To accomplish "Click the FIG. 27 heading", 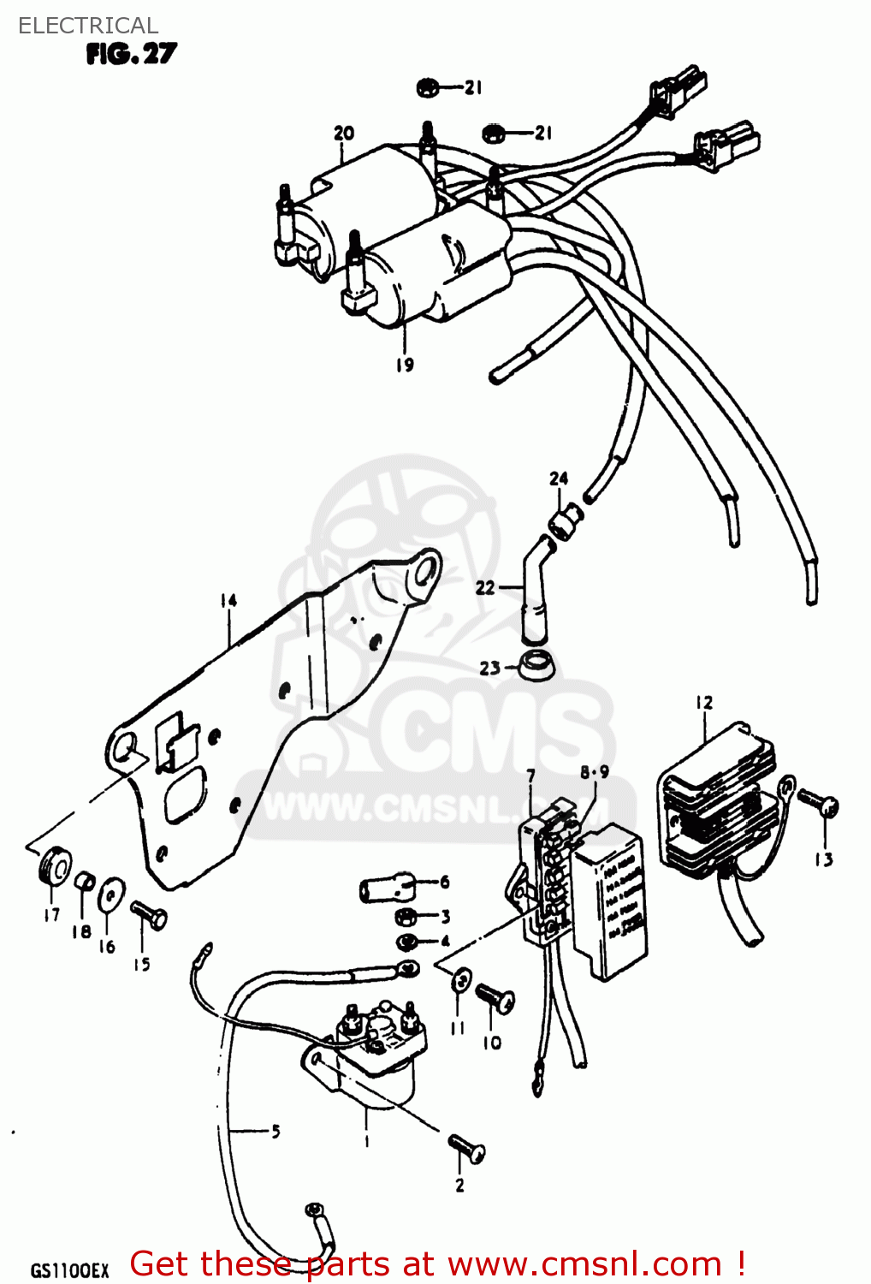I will tap(131, 54).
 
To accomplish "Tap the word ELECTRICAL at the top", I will tap(87, 26).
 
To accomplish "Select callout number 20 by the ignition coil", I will tap(343, 133).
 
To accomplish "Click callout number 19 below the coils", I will tap(405, 364).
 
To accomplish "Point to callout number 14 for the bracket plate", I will tap(228, 601).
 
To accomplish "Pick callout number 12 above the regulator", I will tap(703, 703).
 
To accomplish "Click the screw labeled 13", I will tap(818, 805).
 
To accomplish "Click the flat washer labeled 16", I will tap(110, 896).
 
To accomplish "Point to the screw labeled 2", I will tap(466, 1149).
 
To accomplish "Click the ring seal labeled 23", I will tap(536, 664).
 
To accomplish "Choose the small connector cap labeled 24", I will tap(566, 519).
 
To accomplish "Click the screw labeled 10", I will tap(495, 999).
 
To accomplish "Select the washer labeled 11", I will tap(460, 980).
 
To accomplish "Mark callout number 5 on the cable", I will tap(276, 1132).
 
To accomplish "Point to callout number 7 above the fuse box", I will tap(530, 776).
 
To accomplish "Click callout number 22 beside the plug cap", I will tap(485, 588).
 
